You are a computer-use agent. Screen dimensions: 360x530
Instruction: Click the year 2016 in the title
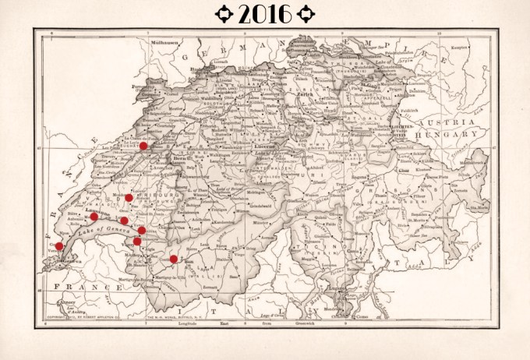click(x=265, y=14)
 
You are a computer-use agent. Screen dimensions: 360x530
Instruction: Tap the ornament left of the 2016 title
click(x=225, y=14)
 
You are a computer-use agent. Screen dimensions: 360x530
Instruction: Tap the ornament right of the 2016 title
click(x=306, y=14)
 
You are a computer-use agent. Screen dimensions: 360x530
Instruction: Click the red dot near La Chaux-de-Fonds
click(x=143, y=146)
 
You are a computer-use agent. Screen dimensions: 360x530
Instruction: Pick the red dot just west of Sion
click(x=173, y=259)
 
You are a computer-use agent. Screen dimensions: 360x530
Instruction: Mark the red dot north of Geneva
click(x=59, y=246)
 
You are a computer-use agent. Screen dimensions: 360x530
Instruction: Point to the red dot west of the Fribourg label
click(x=129, y=198)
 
